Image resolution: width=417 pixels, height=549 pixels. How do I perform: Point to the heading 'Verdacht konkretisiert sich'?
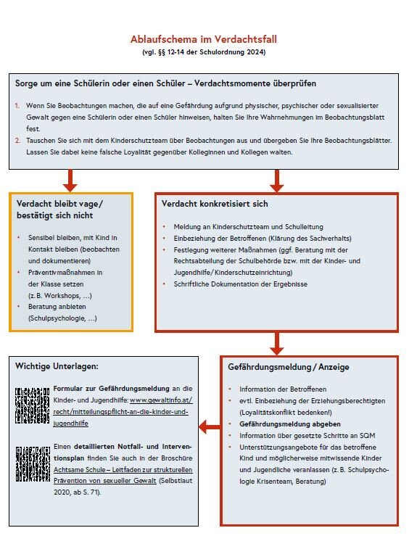(x=215, y=204)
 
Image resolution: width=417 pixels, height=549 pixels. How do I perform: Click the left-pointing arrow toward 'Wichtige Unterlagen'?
(x=210, y=428)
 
